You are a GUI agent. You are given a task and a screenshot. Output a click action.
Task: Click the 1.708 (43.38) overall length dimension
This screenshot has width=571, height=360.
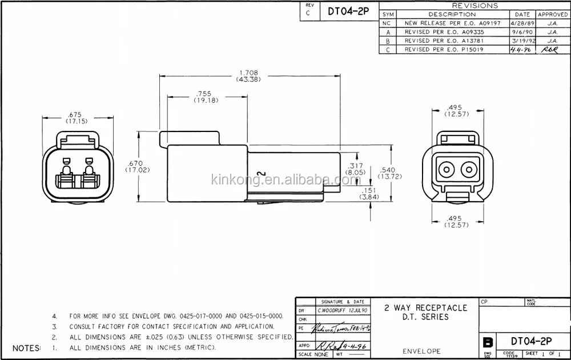[x=248, y=75]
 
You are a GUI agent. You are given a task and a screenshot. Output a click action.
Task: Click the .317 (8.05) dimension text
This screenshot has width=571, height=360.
[x=356, y=168]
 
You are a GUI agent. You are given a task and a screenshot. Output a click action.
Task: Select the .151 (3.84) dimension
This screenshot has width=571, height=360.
[x=367, y=193]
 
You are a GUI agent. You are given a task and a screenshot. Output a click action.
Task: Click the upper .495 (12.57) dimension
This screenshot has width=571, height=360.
[x=455, y=110]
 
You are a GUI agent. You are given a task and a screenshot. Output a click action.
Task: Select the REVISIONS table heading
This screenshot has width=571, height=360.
[x=475, y=6]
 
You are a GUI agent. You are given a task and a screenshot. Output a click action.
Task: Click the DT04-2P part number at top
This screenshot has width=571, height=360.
[x=346, y=10]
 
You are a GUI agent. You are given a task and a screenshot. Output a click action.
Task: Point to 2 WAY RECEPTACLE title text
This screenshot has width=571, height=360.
[x=425, y=307]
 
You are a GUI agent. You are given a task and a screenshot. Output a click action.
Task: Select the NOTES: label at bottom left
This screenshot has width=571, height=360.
[x=27, y=347]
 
